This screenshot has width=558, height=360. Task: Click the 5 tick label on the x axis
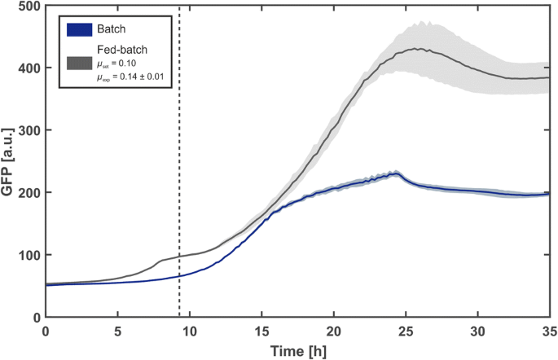117,331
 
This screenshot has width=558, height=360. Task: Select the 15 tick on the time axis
261,331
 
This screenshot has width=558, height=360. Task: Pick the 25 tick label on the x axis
406,331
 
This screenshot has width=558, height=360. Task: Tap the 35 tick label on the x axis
549,331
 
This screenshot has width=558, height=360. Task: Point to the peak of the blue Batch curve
394,173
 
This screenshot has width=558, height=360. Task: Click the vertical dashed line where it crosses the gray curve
179,257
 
